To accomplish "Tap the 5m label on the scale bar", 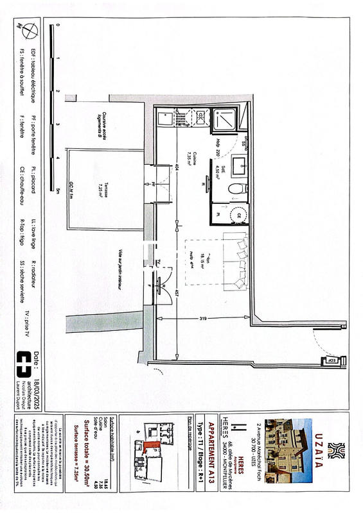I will coord(58,190).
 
